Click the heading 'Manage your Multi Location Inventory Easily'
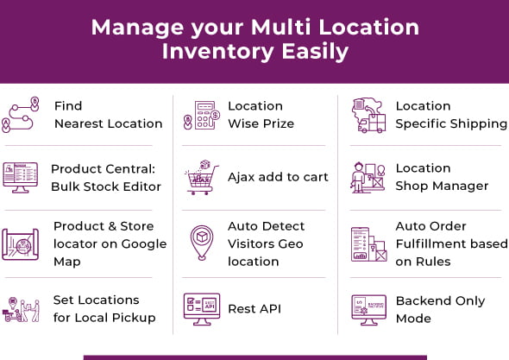pos(255,39)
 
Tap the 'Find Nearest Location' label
pos(108,115)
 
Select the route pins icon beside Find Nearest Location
pos(21,115)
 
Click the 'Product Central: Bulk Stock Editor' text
pos(105,177)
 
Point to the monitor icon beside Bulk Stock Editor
pos(21,177)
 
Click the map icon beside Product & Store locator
pos(21,243)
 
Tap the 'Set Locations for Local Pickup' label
pos(104,308)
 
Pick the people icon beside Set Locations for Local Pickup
pos(21,308)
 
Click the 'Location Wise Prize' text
pos(261,115)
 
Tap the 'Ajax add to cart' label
pos(278,177)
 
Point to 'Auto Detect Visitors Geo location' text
pos(266,243)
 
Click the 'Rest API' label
pos(255,308)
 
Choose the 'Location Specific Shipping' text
pos(450,115)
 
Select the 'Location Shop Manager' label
pos(442,177)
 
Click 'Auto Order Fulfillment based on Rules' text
pos(451,243)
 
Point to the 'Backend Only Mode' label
pos(440,308)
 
